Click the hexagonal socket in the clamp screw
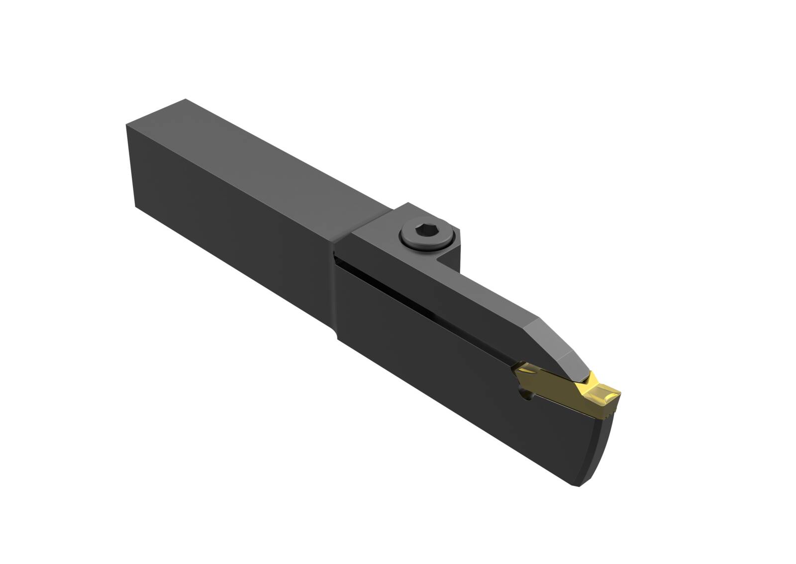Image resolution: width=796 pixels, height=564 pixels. pyautogui.click(x=417, y=232)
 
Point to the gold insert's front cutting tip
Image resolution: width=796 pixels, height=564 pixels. pyautogui.click(x=618, y=393)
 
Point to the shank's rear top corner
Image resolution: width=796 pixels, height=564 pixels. pyautogui.click(x=185, y=100)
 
